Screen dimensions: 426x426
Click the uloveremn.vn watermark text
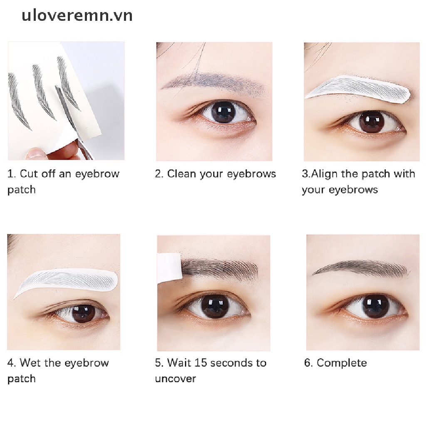point(77,15)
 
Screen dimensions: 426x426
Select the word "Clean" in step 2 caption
point(181,174)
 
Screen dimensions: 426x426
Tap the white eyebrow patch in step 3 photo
point(358,88)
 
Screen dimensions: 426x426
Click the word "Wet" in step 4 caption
point(30,363)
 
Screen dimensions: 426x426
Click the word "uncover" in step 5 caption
point(175,379)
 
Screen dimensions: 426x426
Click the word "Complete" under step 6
point(342,363)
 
